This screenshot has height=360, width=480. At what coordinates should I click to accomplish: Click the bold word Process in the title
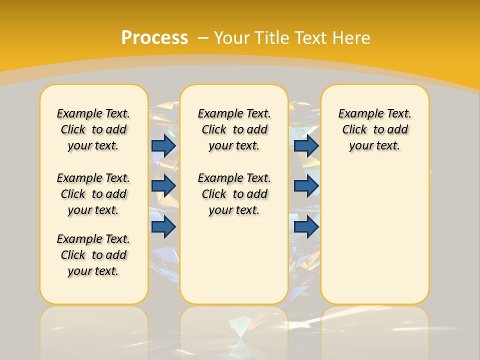154,37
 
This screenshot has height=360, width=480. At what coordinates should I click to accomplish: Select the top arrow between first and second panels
163,145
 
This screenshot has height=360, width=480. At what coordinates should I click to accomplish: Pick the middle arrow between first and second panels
163,186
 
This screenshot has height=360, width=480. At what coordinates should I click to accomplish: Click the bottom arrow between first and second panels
163,226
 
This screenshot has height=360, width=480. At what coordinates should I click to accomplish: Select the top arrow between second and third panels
306,145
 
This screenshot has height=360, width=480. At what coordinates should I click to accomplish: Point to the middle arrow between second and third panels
306,186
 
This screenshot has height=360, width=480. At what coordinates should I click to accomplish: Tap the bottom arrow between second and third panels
306,226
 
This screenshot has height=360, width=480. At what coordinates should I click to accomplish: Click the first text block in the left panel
93,129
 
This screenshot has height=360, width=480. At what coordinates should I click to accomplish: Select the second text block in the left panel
93,194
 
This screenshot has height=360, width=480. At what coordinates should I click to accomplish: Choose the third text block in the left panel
93,255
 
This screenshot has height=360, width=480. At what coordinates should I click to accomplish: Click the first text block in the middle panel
234,129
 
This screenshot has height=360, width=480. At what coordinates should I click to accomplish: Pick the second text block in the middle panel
234,194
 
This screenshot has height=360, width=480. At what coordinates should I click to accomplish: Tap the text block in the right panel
375,129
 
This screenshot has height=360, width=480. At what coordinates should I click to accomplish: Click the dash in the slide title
203,38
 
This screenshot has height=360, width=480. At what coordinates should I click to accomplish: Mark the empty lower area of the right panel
375,240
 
